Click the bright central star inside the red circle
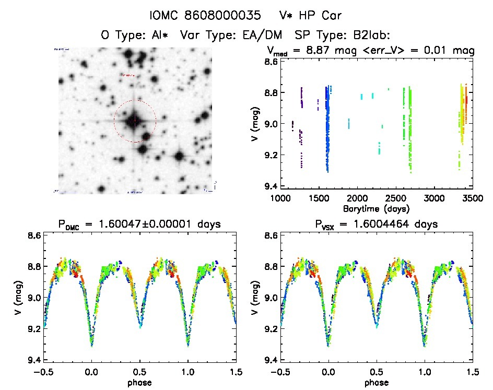[134, 121]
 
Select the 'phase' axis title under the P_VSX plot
[377, 382]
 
